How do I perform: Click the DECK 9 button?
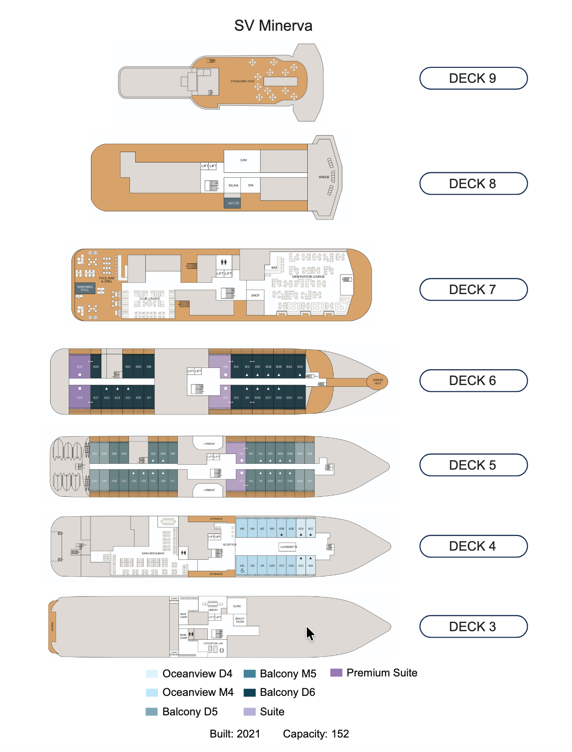[x=473, y=78]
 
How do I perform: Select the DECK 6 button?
[x=473, y=381]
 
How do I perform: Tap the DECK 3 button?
[x=473, y=627]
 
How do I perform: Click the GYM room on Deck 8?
[x=243, y=161]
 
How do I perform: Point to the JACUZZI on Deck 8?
[x=233, y=203]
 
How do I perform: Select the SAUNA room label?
[x=233, y=186]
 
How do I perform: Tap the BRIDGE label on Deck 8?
[x=324, y=177]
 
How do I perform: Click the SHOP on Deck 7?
[x=255, y=295]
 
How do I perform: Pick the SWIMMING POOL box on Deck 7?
[x=85, y=288]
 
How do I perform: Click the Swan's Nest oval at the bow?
[x=377, y=381]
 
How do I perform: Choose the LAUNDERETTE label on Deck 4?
[x=288, y=547]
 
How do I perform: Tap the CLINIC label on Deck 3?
[x=237, y=606]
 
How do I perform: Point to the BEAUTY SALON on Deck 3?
[x=240, y=620]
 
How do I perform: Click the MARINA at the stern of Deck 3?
[x=52, y=627]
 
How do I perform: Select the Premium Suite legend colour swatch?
[x=336, y=672]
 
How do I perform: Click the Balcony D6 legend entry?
[x=287, y=692]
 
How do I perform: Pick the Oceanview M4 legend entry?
[x=198, y=692]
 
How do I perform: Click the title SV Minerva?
[x=273, y=26]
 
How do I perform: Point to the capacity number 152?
[x=340, y=734]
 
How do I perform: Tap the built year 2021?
[x=248, y=734]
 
